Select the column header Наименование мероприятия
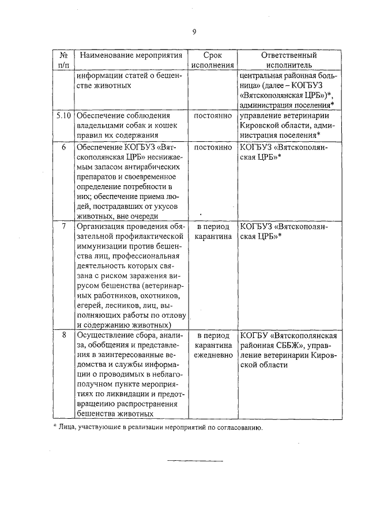(x=131, y=56)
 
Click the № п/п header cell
(x=63, y=61)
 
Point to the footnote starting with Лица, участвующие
(x=158, y=428)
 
